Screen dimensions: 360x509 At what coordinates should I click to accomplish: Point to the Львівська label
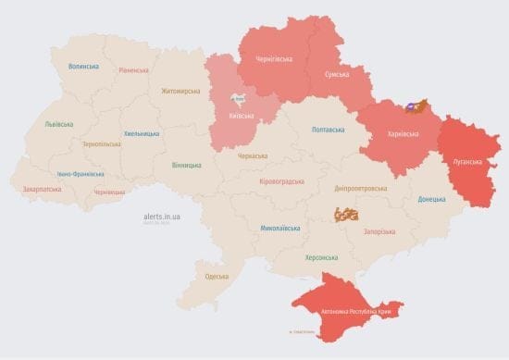click(x=60, y=124)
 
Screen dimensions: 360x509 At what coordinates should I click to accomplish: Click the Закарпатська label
click(x=42, y=189)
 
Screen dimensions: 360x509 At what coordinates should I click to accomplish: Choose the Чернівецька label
click(x=109, y=192)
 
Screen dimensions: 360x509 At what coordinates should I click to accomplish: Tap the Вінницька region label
click(x=186, y=165)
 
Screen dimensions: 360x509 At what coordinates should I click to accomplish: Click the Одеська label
click(x=217, y=277)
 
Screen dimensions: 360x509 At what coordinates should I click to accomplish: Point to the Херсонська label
click(x=321, y=257)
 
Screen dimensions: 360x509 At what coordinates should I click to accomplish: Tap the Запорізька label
click(x=380, y=231)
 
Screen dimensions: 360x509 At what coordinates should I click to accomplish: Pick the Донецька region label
click(x=431, y=199)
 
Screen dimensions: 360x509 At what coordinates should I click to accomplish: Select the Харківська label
click(x=403, y=134)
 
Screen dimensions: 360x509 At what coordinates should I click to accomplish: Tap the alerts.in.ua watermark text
click(x=163, y=216)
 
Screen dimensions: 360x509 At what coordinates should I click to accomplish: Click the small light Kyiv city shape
click(x=239, y=98)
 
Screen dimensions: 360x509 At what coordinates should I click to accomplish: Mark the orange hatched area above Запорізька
click(x=346, y=215)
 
